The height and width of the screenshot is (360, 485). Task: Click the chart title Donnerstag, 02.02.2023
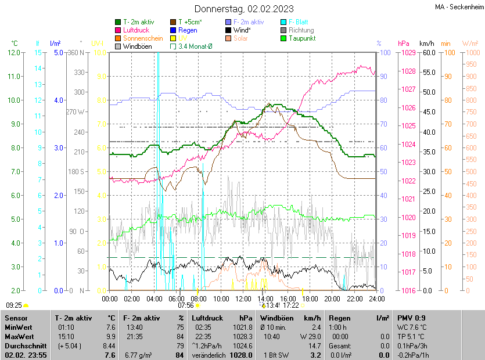coord(244,9)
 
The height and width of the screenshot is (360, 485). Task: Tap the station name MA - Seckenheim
coord(459,6)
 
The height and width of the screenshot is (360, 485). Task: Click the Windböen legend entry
coord(137,46)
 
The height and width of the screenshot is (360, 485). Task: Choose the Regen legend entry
coord(188,30)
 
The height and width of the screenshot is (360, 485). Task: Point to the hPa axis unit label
coord(403,44)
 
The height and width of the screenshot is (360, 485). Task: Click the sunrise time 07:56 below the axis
coord(185,305)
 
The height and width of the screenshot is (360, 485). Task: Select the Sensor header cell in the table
coord(16,318)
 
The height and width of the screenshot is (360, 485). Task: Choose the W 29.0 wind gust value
coord(310,336)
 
